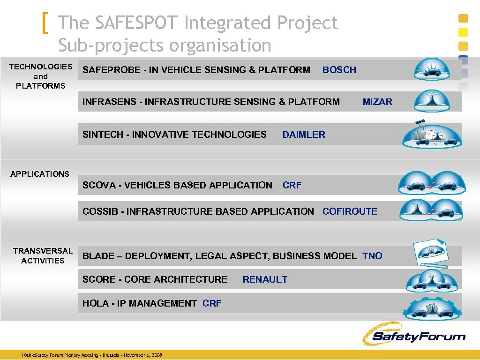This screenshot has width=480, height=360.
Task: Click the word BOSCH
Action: pos(339,70)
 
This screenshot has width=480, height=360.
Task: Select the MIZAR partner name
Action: pos(377,102)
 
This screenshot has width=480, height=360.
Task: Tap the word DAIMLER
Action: pos(303,135)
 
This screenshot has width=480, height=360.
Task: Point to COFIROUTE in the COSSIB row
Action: pos(350,211)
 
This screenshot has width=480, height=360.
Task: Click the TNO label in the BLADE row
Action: pos(372,256)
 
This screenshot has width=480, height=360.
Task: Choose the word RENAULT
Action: pos(265,279)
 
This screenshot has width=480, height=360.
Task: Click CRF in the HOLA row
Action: pos(212,303)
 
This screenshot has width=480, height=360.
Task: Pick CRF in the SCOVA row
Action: pos(292,185)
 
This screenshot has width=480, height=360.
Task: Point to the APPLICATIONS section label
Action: pos(40,174)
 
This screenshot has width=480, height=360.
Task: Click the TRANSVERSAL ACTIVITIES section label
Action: pos(43,255)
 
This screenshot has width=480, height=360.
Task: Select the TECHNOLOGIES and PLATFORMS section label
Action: pos(41,76)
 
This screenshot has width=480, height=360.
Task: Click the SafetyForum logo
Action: pos(413,335)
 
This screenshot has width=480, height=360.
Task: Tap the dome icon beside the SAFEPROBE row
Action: pos(432,69)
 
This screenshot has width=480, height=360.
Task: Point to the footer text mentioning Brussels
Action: pos(92,355)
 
